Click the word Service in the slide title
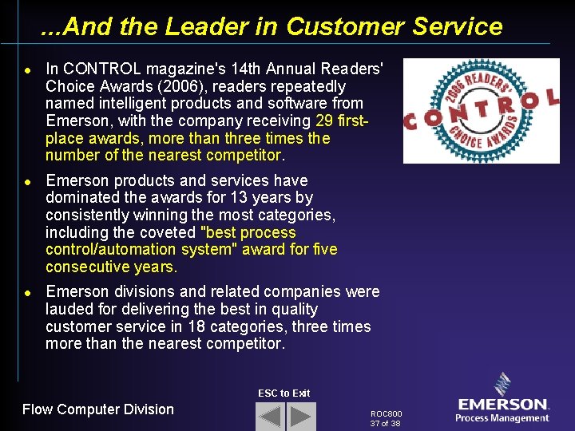click(458, 27)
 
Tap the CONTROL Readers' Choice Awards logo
click(482, 110)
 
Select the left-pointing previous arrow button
click(270, 417)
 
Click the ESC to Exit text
click(284, 393)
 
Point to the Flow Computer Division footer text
click(98, 409)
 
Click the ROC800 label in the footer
click(387, 414)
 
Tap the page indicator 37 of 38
click(385, 424)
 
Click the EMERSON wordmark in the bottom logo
click(502, 405)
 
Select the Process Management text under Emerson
click(502, 418)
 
